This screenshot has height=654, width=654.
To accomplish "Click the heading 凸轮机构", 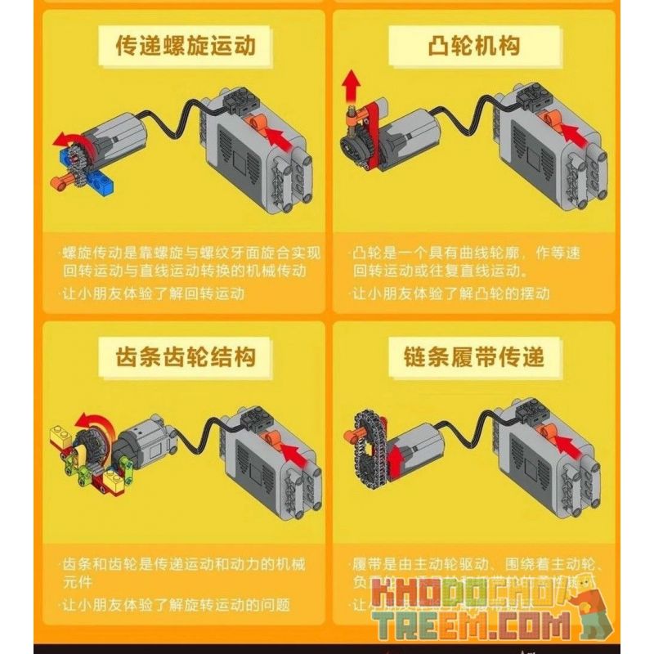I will click(473, 45).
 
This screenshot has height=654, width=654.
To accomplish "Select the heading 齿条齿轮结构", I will click(186, 356).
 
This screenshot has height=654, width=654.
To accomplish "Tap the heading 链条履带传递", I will click(473, 356).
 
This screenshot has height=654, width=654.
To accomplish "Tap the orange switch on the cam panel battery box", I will click(555, 122).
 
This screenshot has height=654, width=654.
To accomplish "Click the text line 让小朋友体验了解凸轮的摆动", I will click(450, 293).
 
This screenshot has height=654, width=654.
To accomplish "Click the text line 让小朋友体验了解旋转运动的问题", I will click(176, 605).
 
